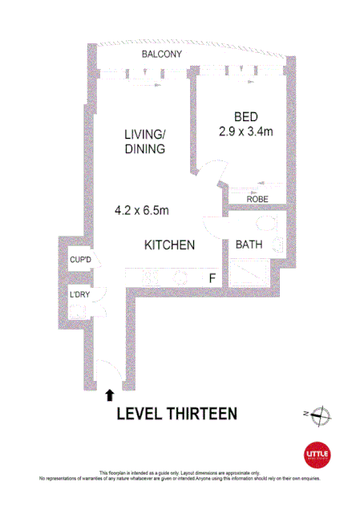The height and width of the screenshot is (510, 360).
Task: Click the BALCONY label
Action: [x=161, y=55]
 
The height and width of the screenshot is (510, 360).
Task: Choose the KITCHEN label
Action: [x=169, y=245]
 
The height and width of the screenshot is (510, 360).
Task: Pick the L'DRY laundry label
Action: [x=79, y=295]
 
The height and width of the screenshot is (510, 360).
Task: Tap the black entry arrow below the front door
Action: [x=109, y=394]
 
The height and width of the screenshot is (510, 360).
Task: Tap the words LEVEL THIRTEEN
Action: [x=177, y=414]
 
